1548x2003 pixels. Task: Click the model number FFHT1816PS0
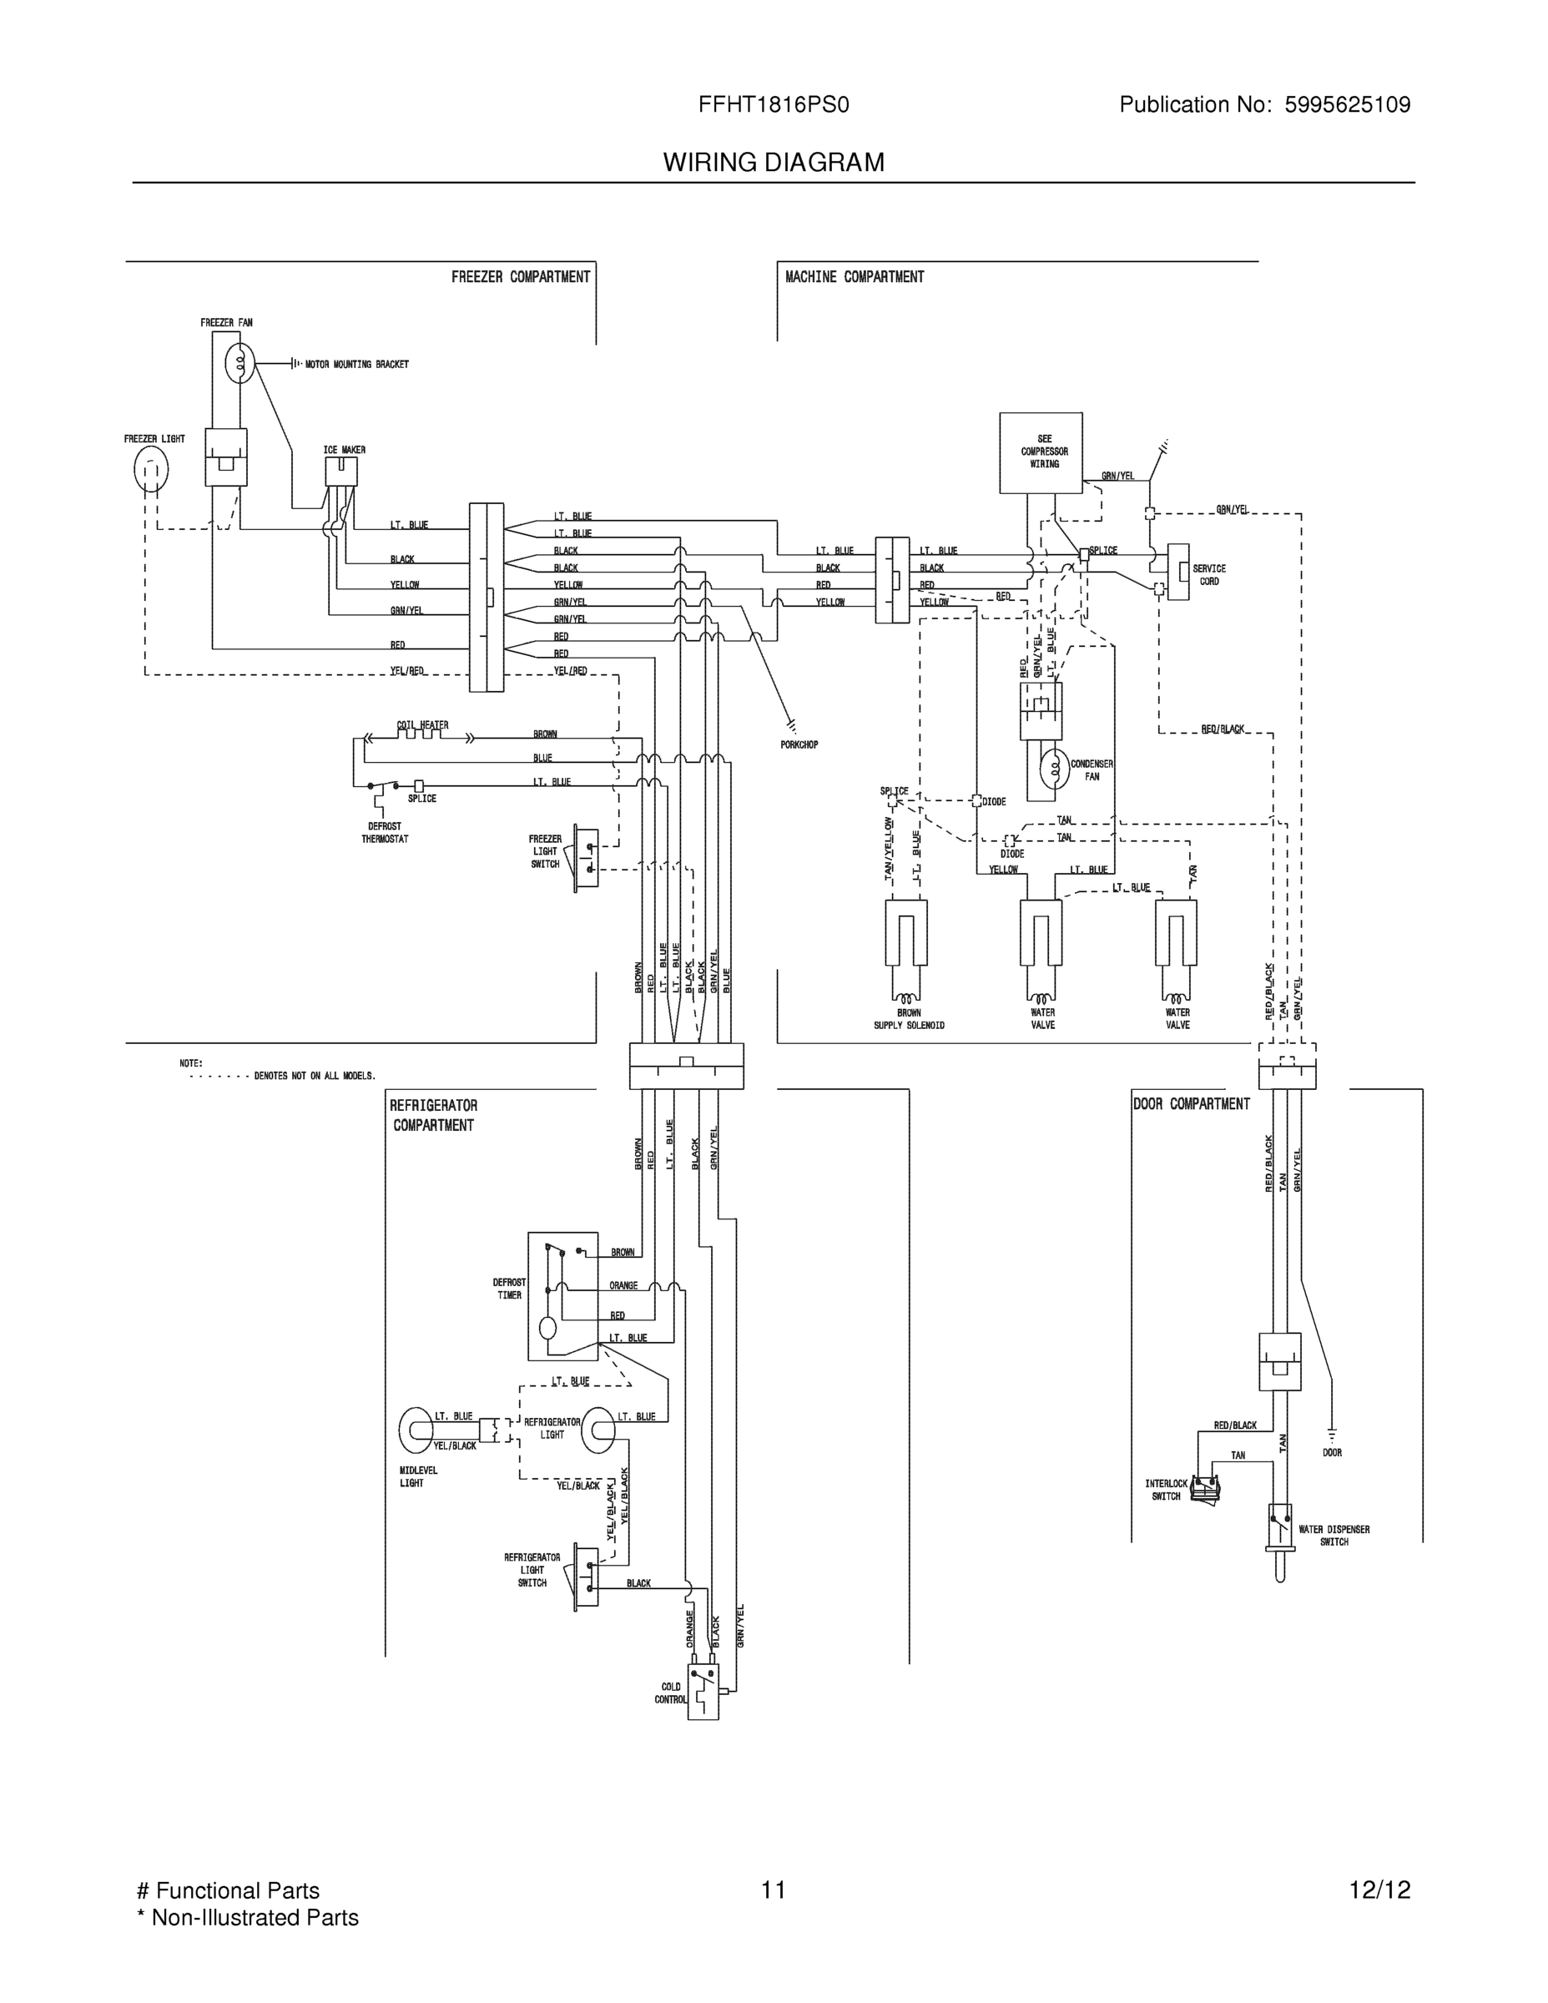coord(773,104)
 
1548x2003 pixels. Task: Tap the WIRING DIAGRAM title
coord(773,163)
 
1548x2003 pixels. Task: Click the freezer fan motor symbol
coord(240,364)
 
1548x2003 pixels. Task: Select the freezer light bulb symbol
coord(151,470)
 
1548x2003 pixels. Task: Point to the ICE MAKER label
coord(344,449)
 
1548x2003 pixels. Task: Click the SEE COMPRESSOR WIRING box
coord(1040,452)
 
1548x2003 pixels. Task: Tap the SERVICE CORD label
coord(1208,575)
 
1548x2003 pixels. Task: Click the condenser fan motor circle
coord(1055,769)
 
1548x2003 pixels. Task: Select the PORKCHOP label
coord(799,744)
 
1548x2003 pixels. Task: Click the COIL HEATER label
coord(422,724)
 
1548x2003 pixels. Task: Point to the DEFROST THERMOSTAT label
coord(384,833)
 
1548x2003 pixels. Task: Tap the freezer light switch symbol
coord(585,855)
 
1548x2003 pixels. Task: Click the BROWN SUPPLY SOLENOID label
coord(908,1019)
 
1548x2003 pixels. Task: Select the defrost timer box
coord(562,1296)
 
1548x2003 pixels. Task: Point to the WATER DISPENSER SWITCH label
coord(1334,1536)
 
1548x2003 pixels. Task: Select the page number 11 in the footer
coord(772,1890)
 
